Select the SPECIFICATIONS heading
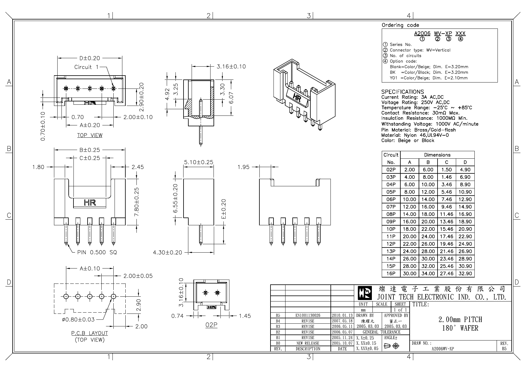point(402,92)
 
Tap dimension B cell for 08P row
point(428,214)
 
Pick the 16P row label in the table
point(391,273)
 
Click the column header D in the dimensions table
point(465,162)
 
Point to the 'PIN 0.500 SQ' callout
point(97,252)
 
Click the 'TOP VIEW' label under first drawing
point(90,135)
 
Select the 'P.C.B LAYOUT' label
point(89,333)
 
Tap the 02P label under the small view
point(211,325)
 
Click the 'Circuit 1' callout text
point(86,67)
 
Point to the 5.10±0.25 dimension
point(198,162)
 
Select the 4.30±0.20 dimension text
point(167,253)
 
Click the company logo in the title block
point(365,293)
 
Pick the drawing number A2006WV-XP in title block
point(442,349)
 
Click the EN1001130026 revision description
point(308,315)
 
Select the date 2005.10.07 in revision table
point(342,343)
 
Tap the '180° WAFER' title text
point(460,328)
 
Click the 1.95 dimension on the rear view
point(243,167)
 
